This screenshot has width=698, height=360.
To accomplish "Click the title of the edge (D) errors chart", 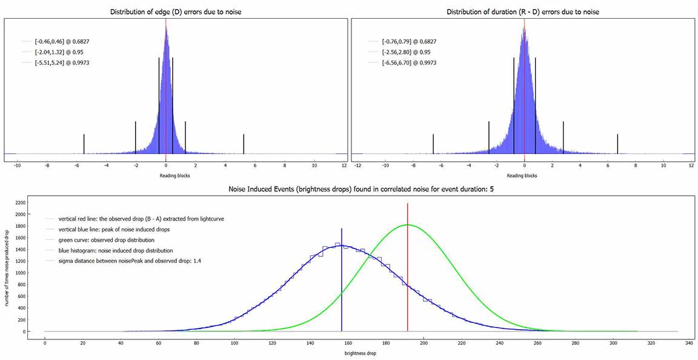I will [175, 12].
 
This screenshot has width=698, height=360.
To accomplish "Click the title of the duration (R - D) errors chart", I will [523, 12].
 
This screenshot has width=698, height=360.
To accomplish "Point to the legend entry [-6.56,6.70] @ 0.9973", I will [409, 62].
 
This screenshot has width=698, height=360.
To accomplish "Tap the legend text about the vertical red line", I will [138, 219].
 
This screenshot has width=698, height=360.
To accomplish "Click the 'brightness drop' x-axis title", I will [361, 353].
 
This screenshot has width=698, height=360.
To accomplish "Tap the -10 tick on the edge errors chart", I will [18, 165].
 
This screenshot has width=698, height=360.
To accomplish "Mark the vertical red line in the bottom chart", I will [408, 273].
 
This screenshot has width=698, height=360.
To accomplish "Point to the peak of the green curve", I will [408, 225].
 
